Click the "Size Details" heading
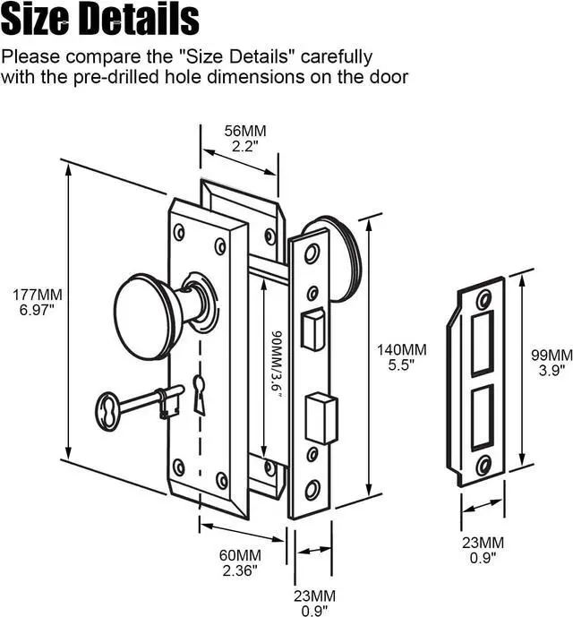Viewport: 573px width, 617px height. [x=99, y=19]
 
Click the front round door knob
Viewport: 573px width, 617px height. [x=150, y=313]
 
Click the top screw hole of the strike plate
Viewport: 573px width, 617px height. [x=484, y=300]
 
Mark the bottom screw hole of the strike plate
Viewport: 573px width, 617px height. [x=483, y=464]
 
